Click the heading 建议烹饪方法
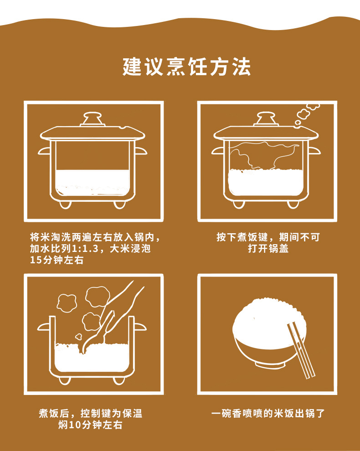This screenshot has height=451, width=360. (186, 67)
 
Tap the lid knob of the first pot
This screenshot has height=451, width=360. (93, 119)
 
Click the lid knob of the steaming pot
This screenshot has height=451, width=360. (266, 119)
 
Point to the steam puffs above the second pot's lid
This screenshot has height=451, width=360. (307, 114)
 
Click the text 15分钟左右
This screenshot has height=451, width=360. (57, 260)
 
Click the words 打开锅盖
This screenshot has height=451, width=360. (268, 249)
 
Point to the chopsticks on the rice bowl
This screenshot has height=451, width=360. (301, 350)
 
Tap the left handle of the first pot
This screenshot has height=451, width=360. (44, 151)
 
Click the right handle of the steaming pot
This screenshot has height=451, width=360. (314, 150)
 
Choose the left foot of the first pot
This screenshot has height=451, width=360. (65, 205)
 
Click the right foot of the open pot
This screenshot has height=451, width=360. (119, 380)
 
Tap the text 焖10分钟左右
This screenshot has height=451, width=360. (90, 425)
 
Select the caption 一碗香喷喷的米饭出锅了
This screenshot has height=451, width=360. (268, 414)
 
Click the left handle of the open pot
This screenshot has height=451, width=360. (44, 327)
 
